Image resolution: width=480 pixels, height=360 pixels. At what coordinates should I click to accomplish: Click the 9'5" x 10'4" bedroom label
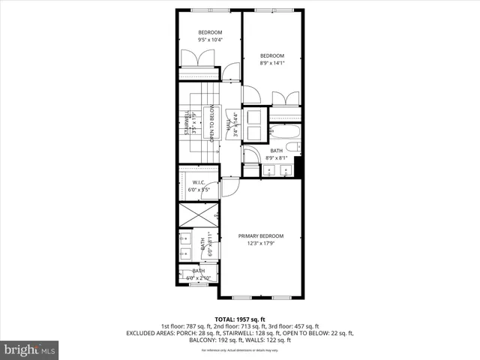click(210, 37)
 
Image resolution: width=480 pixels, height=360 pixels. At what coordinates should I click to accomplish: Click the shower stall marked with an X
click(198, 217)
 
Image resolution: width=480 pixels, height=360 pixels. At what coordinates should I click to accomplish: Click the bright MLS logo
click(29, 349)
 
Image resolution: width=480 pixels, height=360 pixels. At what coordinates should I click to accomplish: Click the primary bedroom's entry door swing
click(232, 187)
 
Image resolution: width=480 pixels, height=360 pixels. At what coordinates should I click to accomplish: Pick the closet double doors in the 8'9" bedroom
click(284, 100)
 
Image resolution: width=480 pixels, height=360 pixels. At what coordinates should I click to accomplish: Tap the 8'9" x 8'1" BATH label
click(276, 154)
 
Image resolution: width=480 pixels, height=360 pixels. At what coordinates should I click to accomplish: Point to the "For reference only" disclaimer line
click(239, 350)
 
